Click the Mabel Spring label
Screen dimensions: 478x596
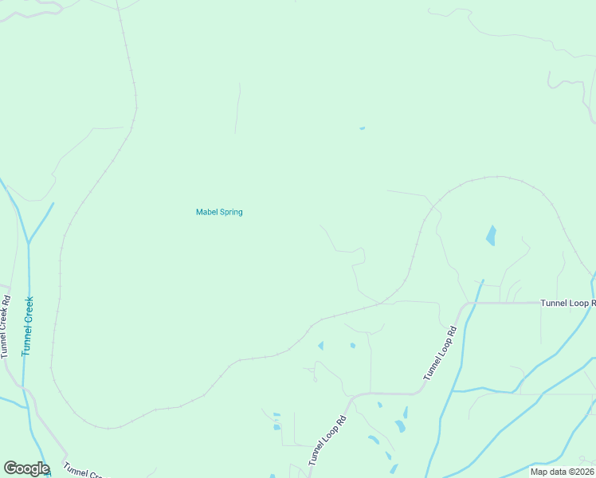219,212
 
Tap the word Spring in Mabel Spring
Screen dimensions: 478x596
230,212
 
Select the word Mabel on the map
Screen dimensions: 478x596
206,212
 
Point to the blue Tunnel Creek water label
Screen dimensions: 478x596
28,326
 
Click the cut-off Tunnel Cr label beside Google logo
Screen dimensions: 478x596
84,471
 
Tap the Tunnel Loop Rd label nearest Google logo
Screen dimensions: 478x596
329,441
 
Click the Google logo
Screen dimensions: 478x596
26,468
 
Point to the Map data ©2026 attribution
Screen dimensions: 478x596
561,472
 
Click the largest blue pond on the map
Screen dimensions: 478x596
491,236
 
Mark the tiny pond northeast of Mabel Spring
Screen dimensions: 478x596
362,128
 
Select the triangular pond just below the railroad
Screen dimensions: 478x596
321,346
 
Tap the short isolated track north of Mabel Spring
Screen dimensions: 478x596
237,108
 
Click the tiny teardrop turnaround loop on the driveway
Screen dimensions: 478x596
314,379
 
